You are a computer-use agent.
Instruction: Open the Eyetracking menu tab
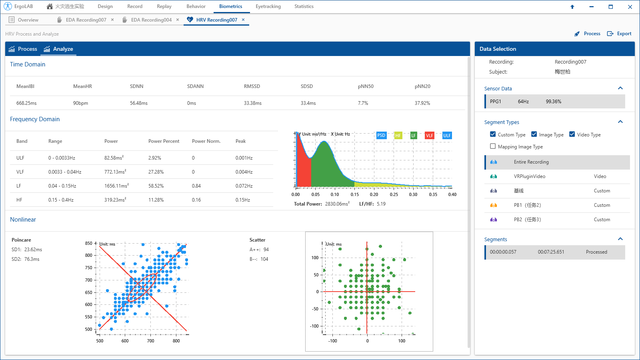(268, 6)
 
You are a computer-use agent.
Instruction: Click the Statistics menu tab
(304, 6)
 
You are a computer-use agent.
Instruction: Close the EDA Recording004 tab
(178, 20)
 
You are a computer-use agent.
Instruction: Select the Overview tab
(28, 20)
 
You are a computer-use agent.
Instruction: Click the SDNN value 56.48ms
(139, 103)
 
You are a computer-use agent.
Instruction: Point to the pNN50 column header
(366, 86)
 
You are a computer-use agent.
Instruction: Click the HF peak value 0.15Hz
(242, 200)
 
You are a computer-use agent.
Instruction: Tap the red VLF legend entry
(429, 136)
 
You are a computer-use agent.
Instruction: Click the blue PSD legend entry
(381, 135)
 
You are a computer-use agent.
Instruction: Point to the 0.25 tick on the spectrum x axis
(394, 194)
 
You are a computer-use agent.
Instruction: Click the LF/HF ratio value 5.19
(381, 204)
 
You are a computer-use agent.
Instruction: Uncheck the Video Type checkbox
(572, 134)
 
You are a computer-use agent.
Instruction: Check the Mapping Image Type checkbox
(493, 146)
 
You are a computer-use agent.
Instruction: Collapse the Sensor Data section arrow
(620, 88)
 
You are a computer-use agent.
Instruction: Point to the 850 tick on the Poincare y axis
(88, 243)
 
